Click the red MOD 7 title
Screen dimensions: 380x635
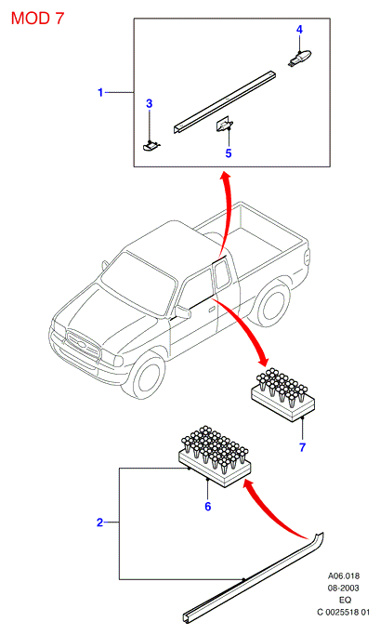[x=37, y=19]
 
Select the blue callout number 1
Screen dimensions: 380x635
[x=100, y=92]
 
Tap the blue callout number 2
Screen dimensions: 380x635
[x=100, y=523]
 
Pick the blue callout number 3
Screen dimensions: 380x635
[x=149, y=103]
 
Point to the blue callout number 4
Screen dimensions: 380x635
[x=299, y=29]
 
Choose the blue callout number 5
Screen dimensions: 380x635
[x=229, y=153]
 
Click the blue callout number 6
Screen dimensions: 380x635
[x=207, y=506]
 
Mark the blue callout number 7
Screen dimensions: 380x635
[x=302, y=447]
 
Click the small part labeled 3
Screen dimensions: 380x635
[x=151, y=145]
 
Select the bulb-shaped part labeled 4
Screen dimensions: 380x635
[x=300, y=57]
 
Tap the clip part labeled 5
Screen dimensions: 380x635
[x=224, y=125]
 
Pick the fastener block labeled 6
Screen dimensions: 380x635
[x=215, y=456]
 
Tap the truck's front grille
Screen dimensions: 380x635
[x=83, y=346]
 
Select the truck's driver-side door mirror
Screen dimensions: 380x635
[x=183, y=311]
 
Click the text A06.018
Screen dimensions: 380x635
[x=343, y=575]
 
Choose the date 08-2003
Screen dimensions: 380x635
[x=343, y=588]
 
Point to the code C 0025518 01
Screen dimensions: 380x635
[x=343, y=613]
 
